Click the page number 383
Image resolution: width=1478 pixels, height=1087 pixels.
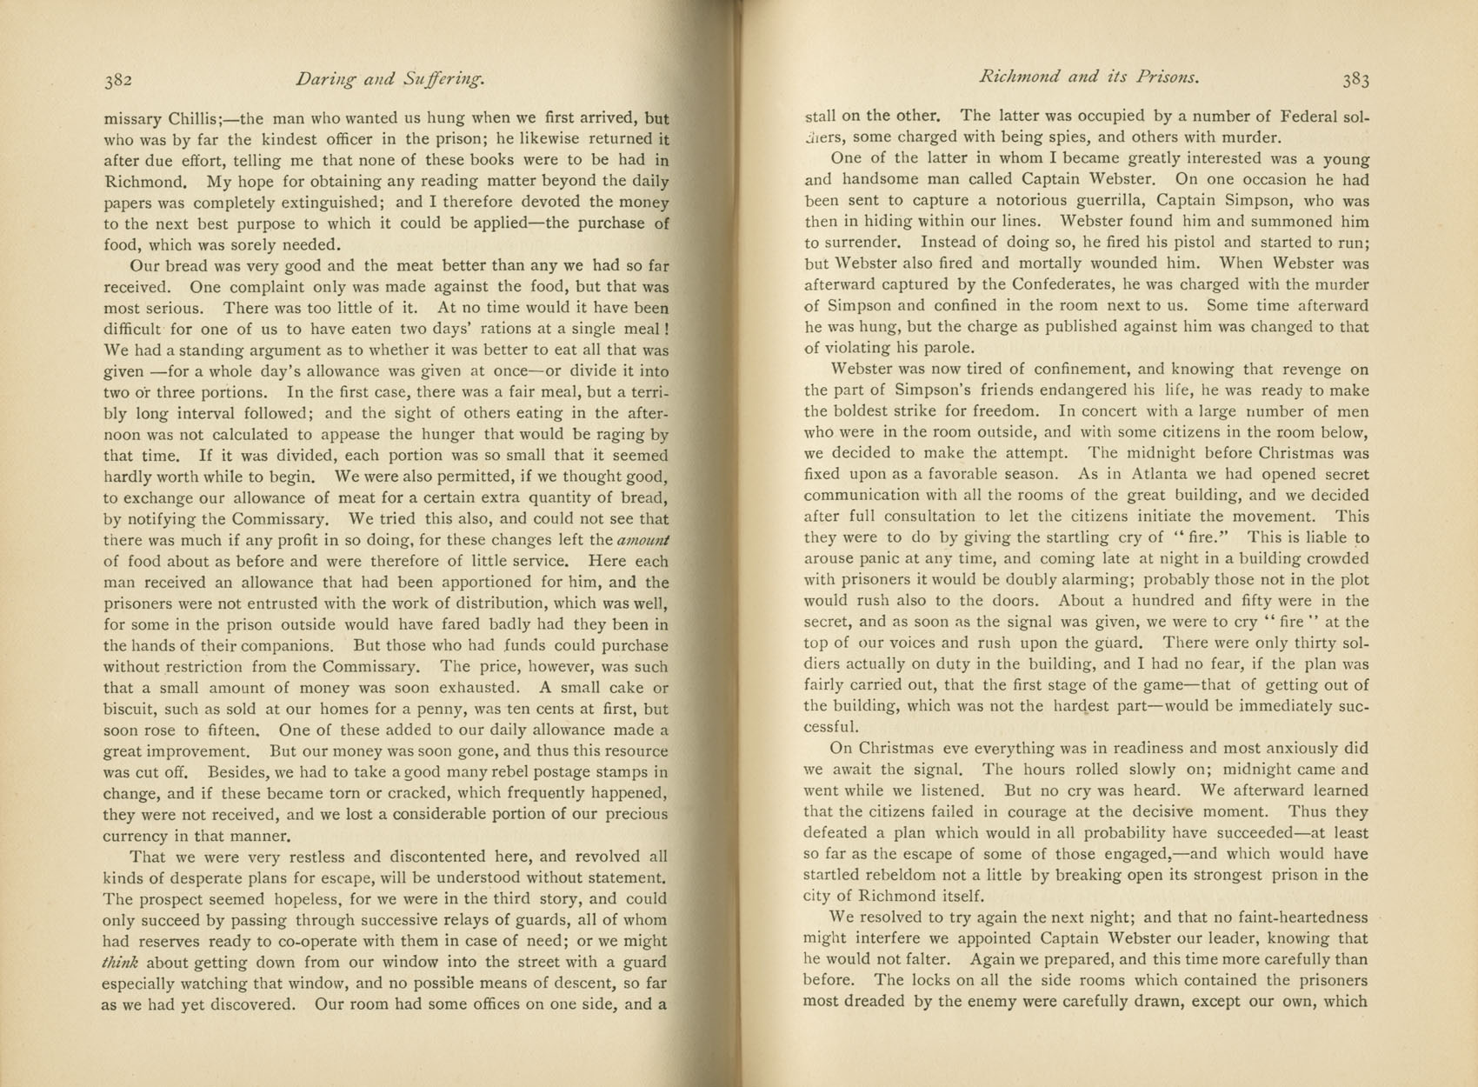1355,81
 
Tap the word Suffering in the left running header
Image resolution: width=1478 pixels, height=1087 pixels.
443,81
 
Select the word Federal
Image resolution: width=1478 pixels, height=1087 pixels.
1291,117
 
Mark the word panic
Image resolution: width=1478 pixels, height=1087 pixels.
883,559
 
